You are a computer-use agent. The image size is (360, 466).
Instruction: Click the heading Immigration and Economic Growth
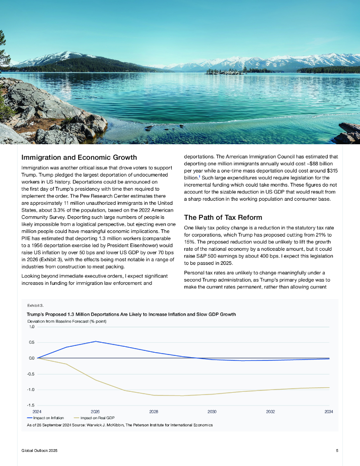[x=79, y=157]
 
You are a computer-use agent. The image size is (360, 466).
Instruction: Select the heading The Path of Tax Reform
[x=223, y=217]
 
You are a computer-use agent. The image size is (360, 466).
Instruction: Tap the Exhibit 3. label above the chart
[x=35, y=305]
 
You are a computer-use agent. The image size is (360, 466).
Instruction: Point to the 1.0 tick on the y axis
[x=32, y=327]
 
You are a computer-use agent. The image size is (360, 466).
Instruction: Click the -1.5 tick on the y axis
[x=31, y=405]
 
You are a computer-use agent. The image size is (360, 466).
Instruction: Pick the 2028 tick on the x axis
[x=154, y=411]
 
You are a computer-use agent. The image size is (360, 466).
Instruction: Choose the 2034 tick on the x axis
[x=329, y=411]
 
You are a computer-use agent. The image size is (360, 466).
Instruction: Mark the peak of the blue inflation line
[x=96, y=341]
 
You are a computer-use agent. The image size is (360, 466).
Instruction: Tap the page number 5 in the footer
[x=337, y=451]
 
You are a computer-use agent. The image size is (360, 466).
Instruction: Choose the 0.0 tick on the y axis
[x=32, y=358]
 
